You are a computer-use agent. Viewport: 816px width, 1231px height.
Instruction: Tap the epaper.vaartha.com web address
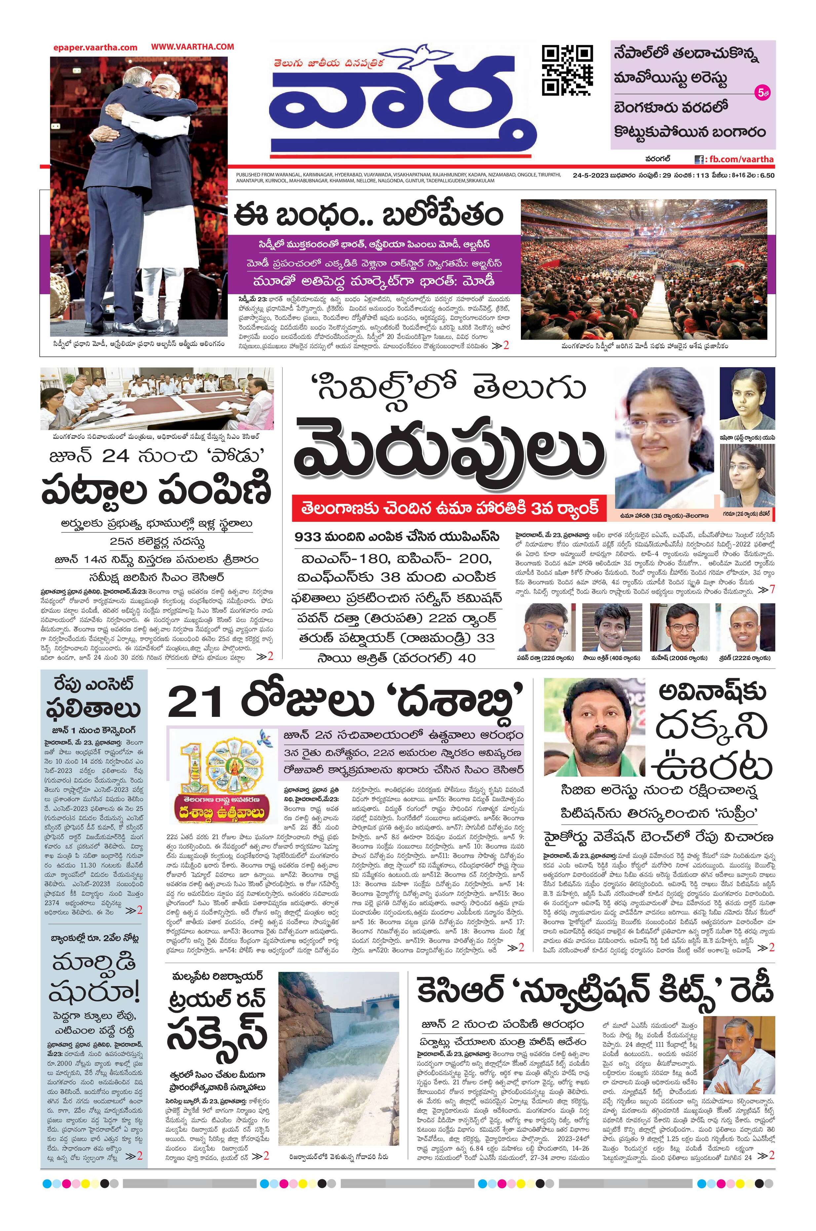[x=95, y=47]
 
